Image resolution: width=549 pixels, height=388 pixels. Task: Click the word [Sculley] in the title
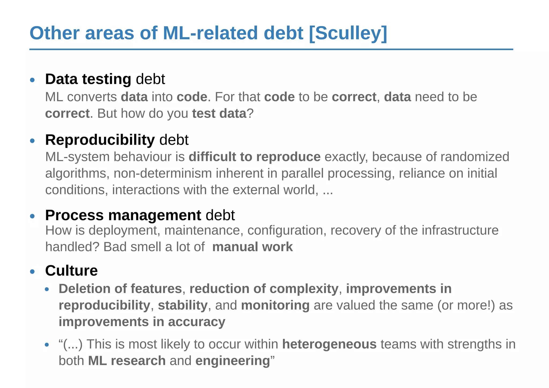[348, 33]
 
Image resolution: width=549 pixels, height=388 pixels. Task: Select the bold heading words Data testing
[88, 79]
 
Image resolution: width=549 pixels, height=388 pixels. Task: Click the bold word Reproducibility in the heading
[100, 140]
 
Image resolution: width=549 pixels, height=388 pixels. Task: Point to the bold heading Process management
[123, 215]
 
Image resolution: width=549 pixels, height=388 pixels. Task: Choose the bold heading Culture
[71, 270]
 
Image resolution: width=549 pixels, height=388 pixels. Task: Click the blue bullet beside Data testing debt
[32, 80]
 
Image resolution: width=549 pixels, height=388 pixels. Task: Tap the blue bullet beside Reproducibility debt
[32, 141]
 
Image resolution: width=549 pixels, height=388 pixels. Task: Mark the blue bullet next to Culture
[32, 272]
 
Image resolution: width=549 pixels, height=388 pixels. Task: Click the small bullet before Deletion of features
[47, 289]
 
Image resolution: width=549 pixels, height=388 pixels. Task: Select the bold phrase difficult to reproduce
[254, 157]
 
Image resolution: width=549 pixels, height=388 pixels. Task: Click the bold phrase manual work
[253, 247]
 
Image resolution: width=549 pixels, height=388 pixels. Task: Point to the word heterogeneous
[329, 344]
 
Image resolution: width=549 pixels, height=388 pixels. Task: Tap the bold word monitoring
[275, 305]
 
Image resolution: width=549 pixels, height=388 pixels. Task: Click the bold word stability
[183, 305]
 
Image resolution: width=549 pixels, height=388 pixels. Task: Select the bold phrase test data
[219, 113]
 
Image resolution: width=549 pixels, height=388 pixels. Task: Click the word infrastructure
[460, 230]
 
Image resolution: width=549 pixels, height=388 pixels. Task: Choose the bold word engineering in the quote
[232, 361]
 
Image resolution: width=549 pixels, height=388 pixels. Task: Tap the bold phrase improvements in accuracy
[142, 322]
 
